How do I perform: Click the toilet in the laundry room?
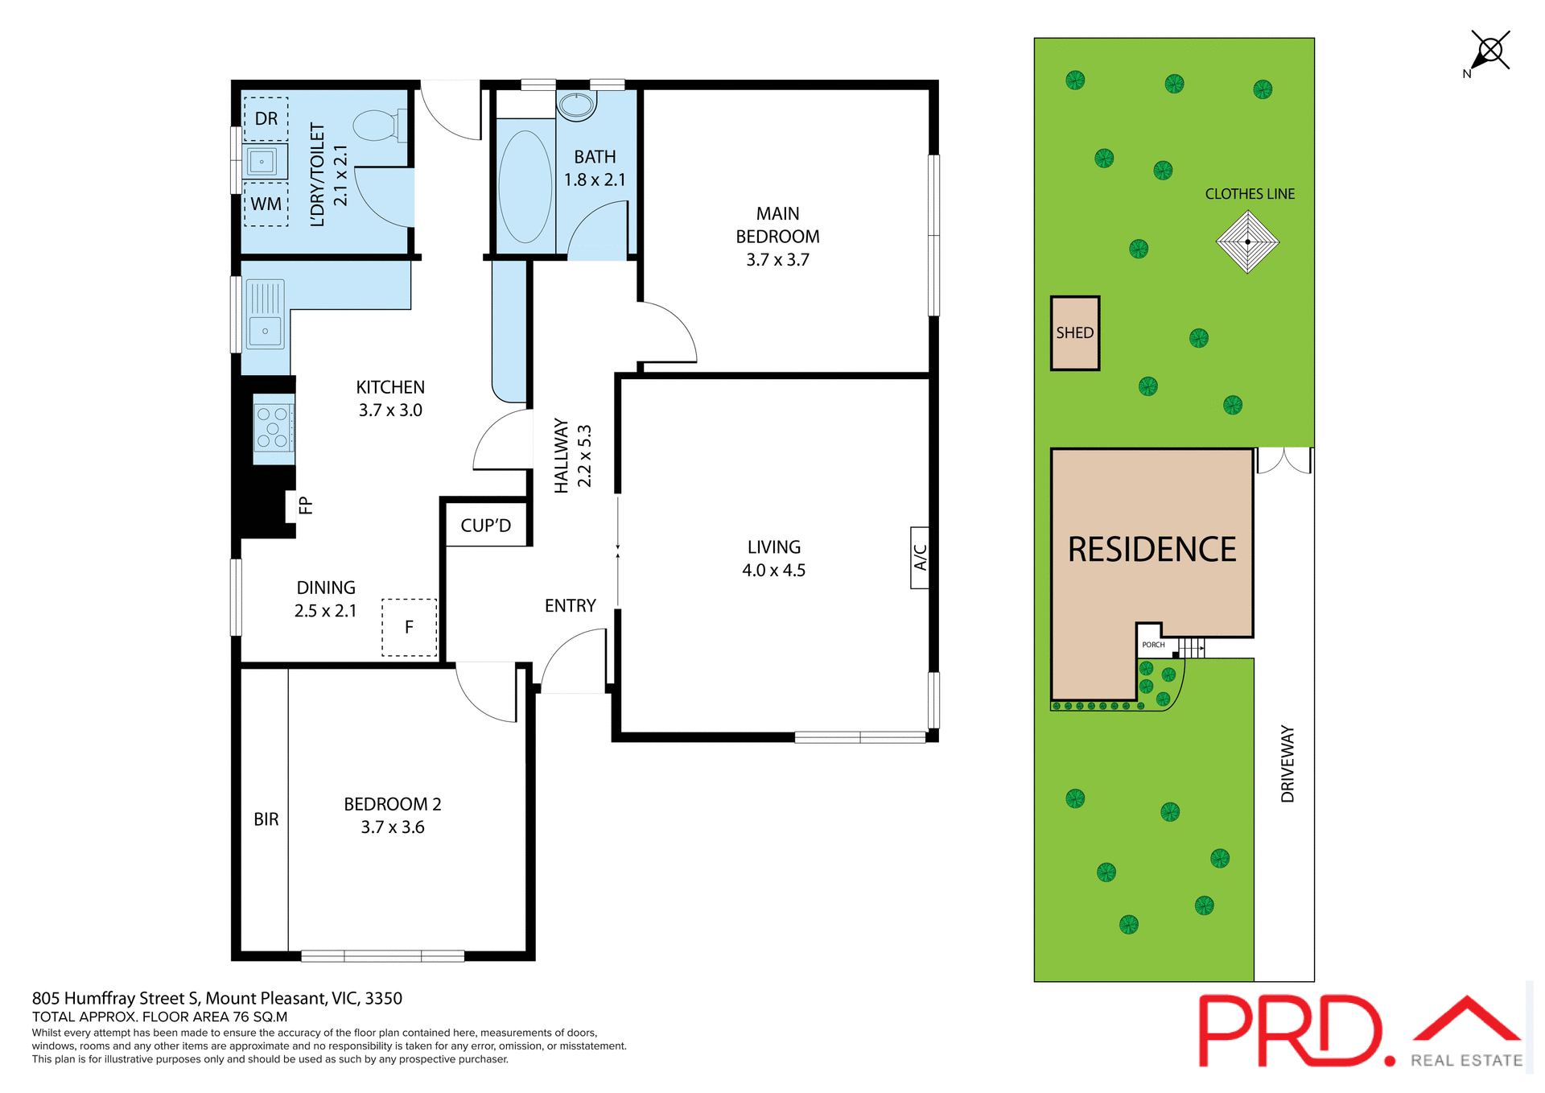pos(378,126)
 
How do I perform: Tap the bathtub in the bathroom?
pos(525,187)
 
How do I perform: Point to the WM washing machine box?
pos(266,204)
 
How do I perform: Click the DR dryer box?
pos(266,118)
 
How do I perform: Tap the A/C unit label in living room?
pos(920,557)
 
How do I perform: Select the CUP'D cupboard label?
pos(485,526)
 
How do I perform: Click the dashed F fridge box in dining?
pos(409,627)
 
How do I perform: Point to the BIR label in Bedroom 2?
pos(266,819)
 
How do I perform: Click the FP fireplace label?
pos(305,505)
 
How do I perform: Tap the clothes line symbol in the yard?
pos(1247,241)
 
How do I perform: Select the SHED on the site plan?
pos(1074,332)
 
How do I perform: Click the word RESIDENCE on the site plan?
pos(1152,550)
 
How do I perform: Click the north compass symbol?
pos(1489,52)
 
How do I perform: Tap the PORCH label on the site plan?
pos(1153,645)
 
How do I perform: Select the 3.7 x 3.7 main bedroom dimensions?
pos(777,260)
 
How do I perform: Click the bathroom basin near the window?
pos(576,105)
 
